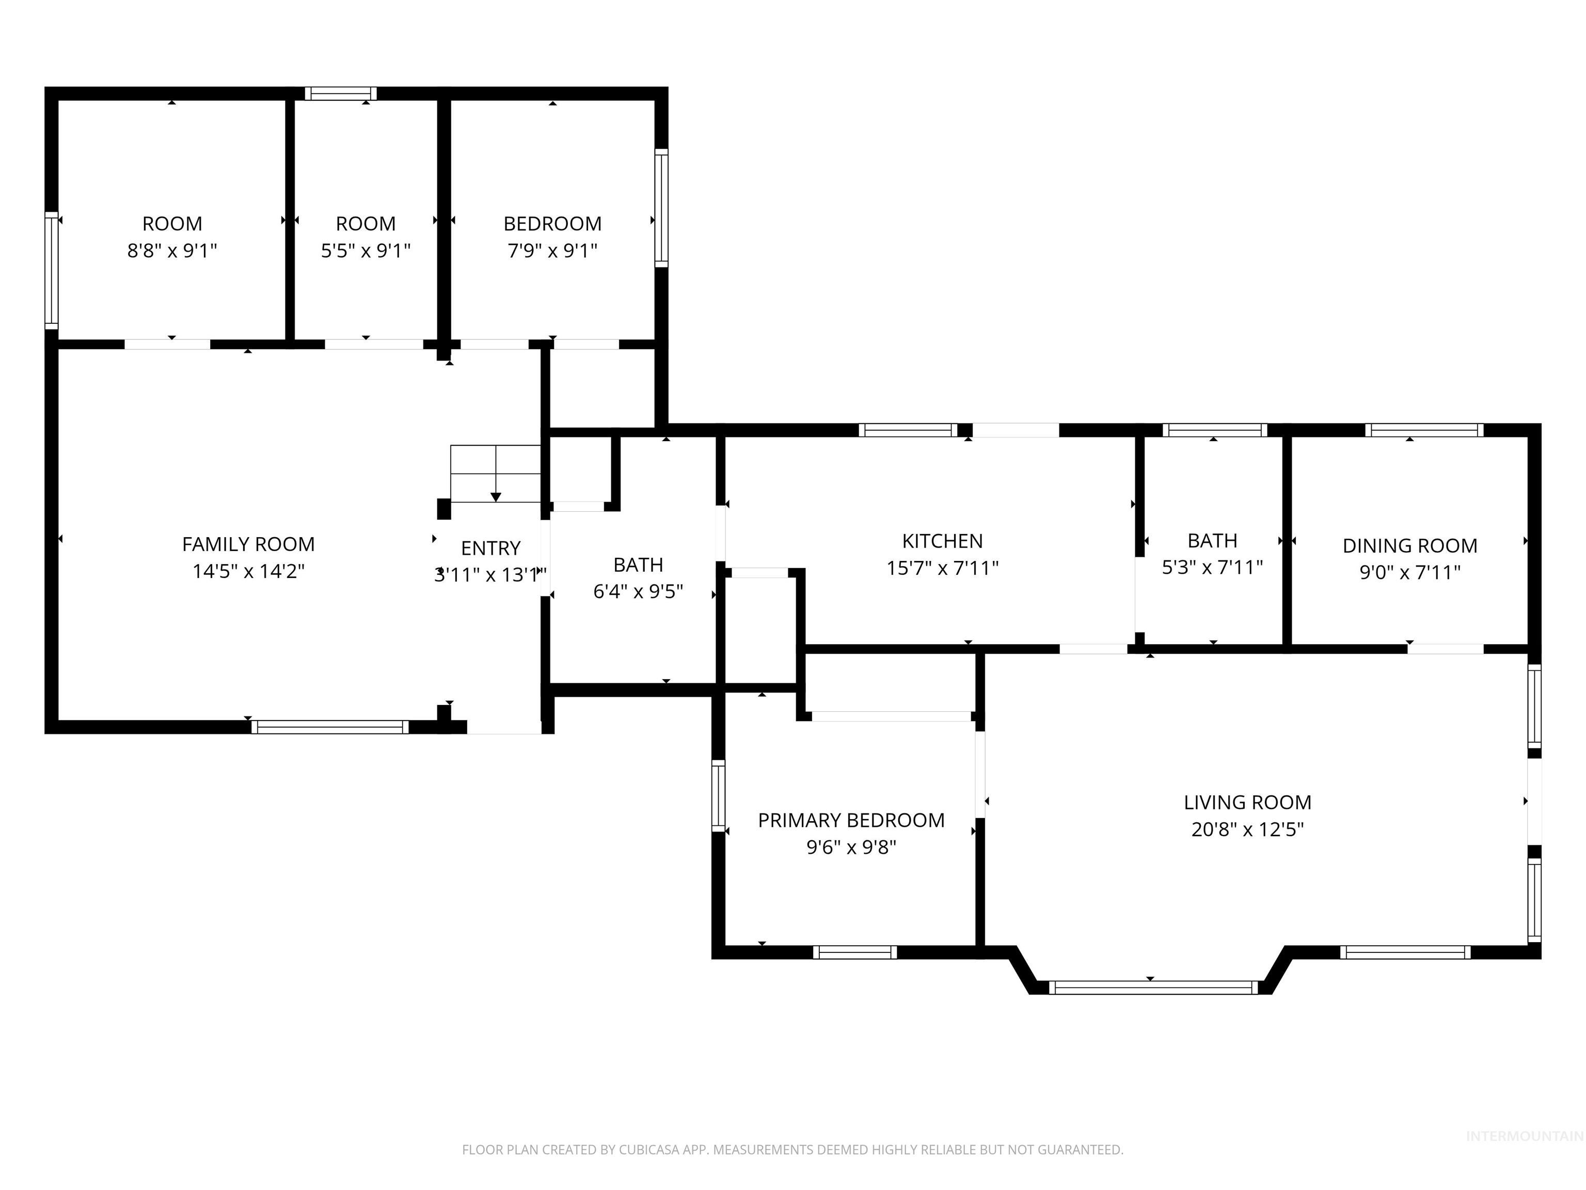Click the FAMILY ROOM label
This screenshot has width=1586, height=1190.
(248, 544)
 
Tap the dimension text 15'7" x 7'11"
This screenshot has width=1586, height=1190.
(942, 568)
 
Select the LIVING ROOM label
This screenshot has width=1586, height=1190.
(1247, 802)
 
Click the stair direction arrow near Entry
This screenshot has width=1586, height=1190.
(496, 496)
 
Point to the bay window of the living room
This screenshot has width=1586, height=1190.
(1153, 987)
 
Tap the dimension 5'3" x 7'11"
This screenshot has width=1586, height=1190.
(1212, 568)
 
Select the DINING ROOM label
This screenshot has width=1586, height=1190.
(1409, 546)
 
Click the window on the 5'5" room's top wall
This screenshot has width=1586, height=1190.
(341, 93)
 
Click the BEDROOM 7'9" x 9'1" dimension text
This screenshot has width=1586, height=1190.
(552, 250)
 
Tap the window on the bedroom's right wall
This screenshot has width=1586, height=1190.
(661, 208)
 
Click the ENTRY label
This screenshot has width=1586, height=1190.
(490, 548)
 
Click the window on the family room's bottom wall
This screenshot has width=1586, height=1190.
(330, 727)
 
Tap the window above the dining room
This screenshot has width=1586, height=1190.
(1424, 430)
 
